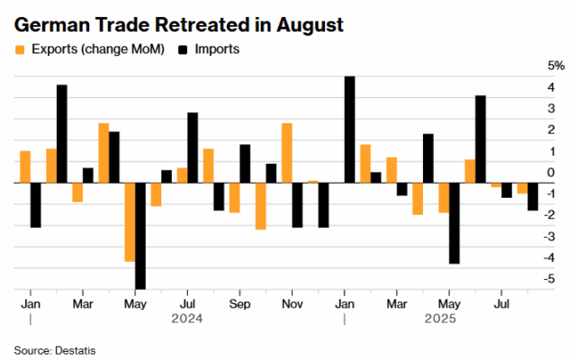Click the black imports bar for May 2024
(140, 236)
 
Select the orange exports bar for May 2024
(130, 222)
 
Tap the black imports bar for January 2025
(349, 130)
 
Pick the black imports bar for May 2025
(455, 223)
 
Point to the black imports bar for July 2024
(193, 148)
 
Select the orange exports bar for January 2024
(25, 166)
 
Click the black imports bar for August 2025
(533, 196)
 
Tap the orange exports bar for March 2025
(392, 170)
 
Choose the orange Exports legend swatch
(20, 49)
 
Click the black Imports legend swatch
(183, 49)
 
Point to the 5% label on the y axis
(556, 66)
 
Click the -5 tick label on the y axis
(549, 279)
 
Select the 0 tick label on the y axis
(551, 172)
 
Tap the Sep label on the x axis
(239, 304)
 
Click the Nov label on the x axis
(293, 304)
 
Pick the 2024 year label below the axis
(187, 319)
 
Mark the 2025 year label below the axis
(440, 319)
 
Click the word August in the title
(310, 26)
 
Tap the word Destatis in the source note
(75, 351)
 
